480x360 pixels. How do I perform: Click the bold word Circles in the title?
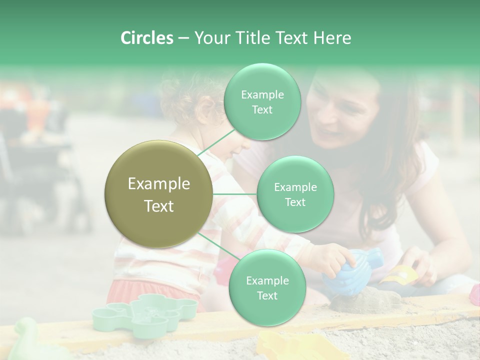[146, 38]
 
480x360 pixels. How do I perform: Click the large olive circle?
[159, 194]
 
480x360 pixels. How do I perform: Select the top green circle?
[262, 101]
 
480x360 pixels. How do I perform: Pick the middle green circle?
[295, 194]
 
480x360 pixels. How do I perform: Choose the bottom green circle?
[267, 287]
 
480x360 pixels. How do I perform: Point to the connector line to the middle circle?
[235, 194]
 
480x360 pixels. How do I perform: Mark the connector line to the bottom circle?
[218, 247]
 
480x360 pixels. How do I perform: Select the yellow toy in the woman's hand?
[400, 274]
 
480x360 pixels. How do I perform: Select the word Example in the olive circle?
[159, 184]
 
